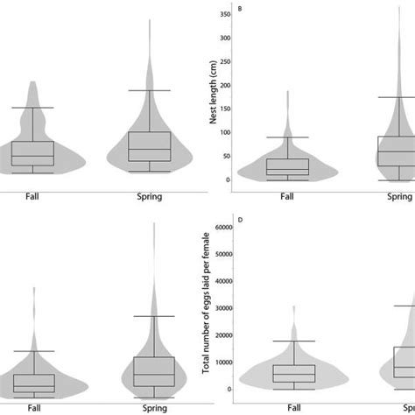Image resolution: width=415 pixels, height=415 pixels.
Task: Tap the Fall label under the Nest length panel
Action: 287,197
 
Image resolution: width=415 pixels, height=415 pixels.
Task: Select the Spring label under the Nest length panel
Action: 399,197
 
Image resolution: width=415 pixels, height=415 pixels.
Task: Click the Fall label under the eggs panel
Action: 287,406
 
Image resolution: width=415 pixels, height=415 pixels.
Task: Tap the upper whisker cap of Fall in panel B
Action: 287,137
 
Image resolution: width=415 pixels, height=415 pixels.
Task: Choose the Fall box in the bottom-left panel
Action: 33,383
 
